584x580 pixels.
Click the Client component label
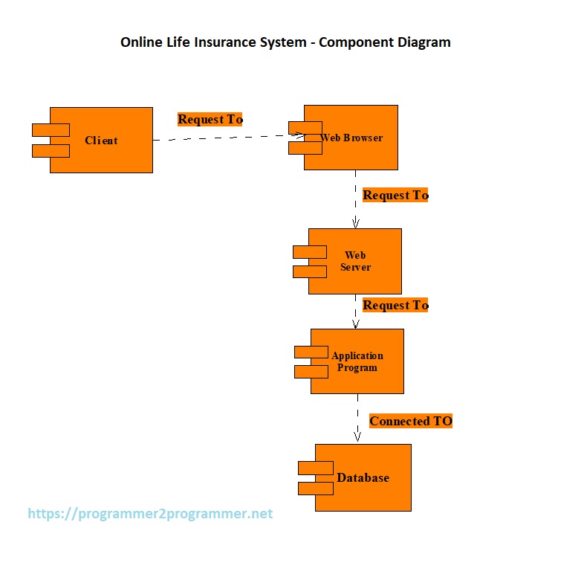[101, 140]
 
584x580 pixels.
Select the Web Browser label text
[351, 138]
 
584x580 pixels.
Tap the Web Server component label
[355, 261]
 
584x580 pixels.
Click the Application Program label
[357, 361]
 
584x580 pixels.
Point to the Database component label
[363, 477]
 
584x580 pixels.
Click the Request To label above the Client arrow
[210, 119]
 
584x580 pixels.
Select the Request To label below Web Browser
[395, 195]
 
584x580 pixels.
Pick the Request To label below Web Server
[395, 305]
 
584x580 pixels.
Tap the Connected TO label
[411, 421]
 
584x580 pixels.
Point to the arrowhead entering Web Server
[356, 223]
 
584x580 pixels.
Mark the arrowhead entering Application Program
[356, 324]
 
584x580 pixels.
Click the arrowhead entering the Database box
[357, 437]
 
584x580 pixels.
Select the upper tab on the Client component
[51, 130]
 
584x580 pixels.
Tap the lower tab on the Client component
[51, 151]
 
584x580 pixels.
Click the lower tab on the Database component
[316, 489]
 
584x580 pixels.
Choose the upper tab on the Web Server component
[310, 252]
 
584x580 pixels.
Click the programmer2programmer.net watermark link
[150, 514]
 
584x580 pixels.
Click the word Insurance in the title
[227, 42]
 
